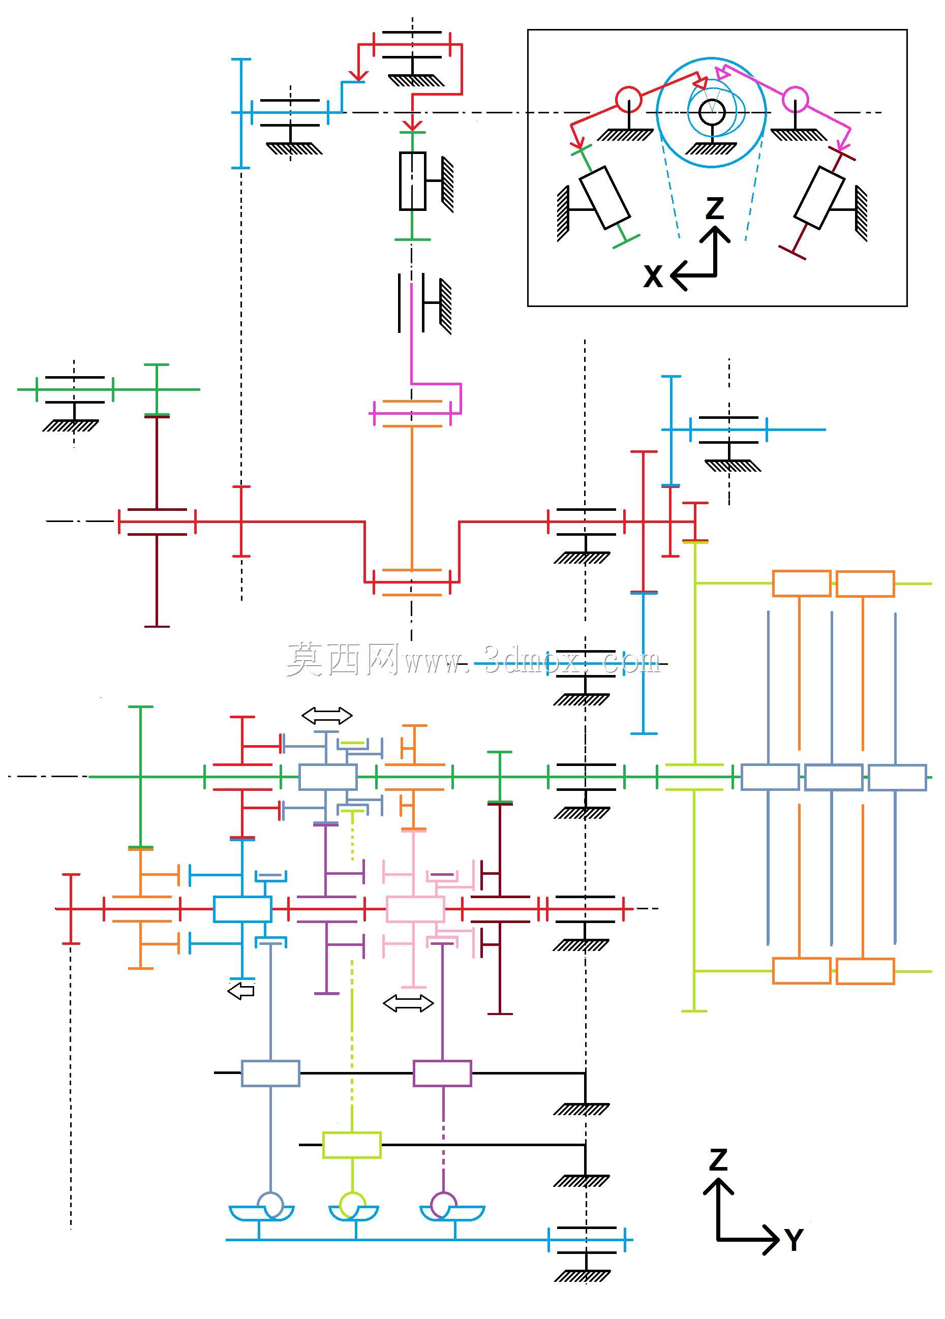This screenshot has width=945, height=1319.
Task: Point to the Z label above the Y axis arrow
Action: [x=719, y=1159]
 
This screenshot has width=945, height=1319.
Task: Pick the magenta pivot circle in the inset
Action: [x=795, y=100]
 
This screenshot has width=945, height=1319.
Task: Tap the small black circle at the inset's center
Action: [x=711, y=112]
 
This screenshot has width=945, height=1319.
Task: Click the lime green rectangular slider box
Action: [x=352, y=1145]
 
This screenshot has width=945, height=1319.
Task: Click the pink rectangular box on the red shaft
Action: [x=415, y=909]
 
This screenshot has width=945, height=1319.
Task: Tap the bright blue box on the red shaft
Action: [x=242, y=909]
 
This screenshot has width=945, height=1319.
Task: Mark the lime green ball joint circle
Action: [x=352, y=1205]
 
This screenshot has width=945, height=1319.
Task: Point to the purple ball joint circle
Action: [x=443, y=1205]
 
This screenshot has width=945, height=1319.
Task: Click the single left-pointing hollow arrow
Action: [x=241, y=991]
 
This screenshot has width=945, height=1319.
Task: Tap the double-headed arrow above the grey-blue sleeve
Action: [x=327, y=715]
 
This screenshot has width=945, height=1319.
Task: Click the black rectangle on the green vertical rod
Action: [x=412, y=181]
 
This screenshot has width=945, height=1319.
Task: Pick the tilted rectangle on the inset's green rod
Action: [x=605, y=197]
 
